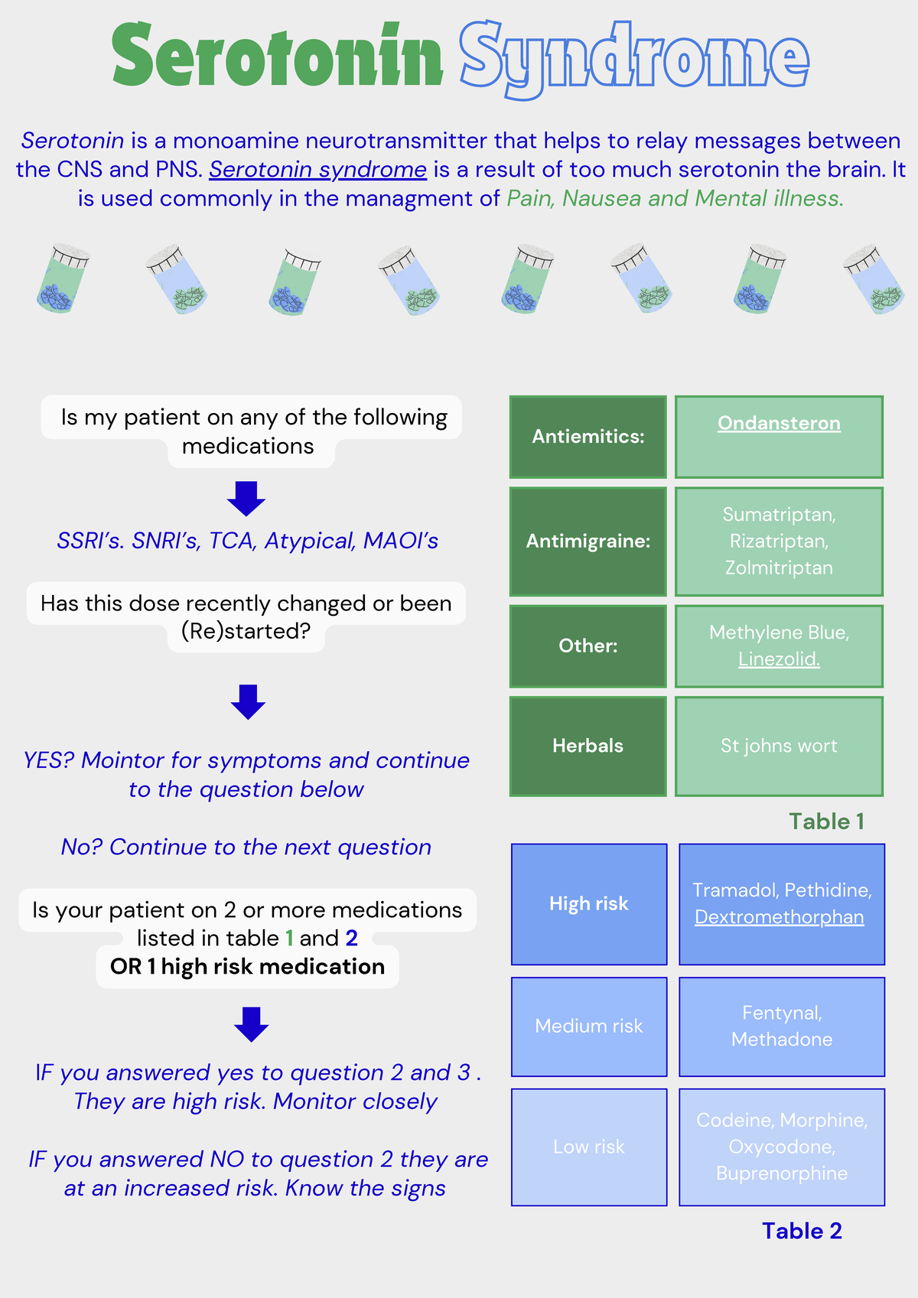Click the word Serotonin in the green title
(277, 56)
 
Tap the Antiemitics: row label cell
(588, 437)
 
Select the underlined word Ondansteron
(779, 423)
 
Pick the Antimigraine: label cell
(588, 542)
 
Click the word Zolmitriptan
(779, 568)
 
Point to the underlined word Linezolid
(779, 659)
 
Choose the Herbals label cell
(588, 746)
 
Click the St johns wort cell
(779, 746)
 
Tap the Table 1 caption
(826, 821)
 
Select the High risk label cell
(588, 903)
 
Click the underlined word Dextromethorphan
(779, 916)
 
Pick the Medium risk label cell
(588, 1026)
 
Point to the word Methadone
(781, 1039)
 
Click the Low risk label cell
(588, 1147)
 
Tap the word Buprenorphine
(781, 1173)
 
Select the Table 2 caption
(802, 1231)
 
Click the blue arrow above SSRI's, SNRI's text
(246, 499)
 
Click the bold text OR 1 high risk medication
(247, 967)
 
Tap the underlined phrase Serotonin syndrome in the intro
(317, 169)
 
